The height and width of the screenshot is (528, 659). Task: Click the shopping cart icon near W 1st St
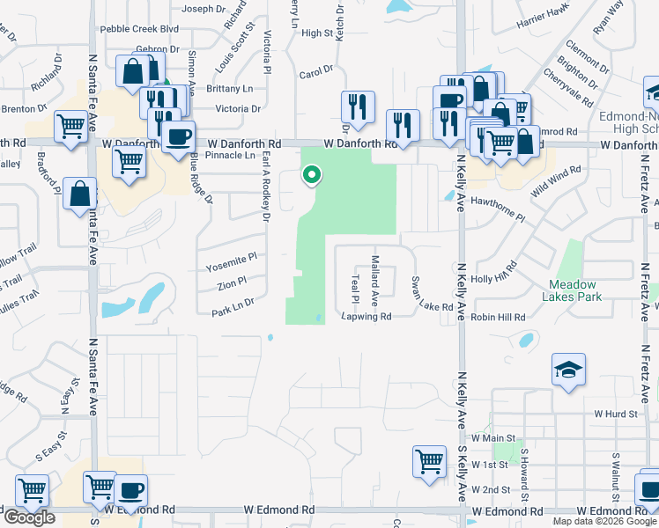[x=429, y=461]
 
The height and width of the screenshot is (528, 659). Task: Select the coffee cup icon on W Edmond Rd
[x=131, y=490]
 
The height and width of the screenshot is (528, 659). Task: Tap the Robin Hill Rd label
[x=498, y=317]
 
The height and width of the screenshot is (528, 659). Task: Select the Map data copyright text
[x=604, y=521]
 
